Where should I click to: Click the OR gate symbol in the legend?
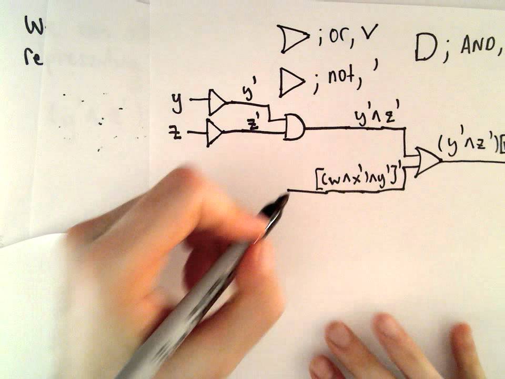(x=292, y=40)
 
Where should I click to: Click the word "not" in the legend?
(x=341, y=78)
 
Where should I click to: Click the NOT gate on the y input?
(x=216, y=102)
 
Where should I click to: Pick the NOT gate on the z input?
(x=214, y=132)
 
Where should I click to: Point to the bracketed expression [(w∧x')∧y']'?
(x=361, y=179)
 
